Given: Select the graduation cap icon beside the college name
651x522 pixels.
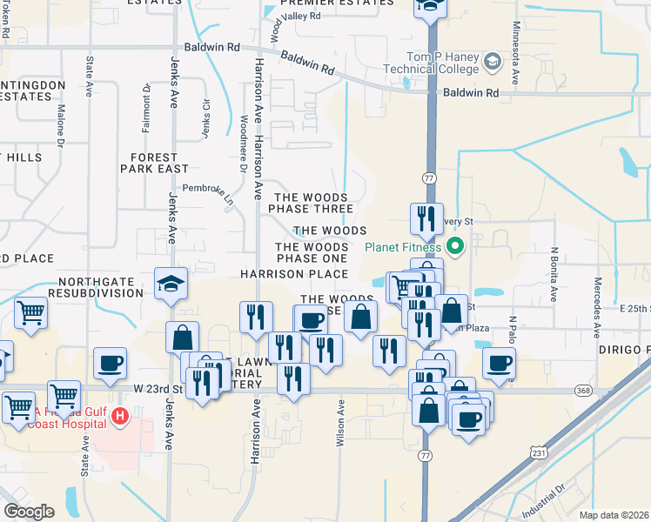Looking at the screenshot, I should pyautogui.click(x=493, y=62).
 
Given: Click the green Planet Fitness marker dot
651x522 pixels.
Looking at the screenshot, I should pyautogui.click(x=456, y=246).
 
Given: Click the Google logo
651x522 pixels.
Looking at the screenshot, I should pyautogui.click(x=30, y=511).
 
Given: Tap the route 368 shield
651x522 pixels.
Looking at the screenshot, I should pyautogui.click(x=583, y=391).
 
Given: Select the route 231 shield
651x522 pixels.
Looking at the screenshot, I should pyautogui.click(x=540, y=452).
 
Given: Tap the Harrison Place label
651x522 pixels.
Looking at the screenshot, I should pyautogui.click(x=294, y=274).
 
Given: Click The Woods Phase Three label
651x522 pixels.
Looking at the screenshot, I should pyautogui.click(x=311, y=203).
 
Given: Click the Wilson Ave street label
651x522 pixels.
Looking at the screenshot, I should pyautogui.click(x=340, y=423).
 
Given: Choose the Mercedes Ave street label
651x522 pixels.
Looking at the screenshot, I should pyautogui.click(x=597, y=308).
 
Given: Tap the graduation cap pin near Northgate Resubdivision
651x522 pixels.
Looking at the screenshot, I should pyautogui.click(x=171, y=284).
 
